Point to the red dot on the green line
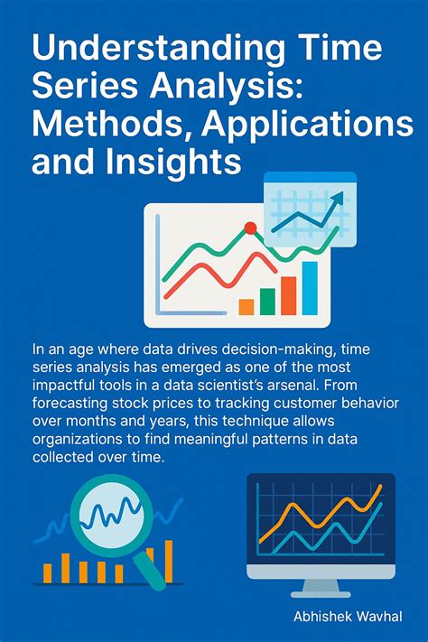[x=250, y=228]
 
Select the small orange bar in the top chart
[x=246, y=306]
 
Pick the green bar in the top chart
[x=267, y=301]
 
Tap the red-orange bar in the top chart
[x=288, y=294]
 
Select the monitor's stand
[x=321, y=586]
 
